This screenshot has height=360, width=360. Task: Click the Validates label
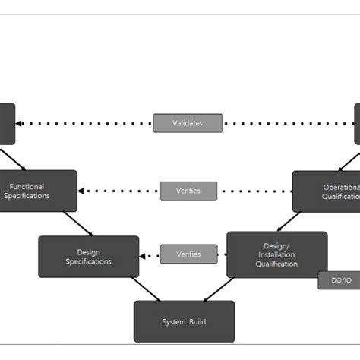coord(188,123)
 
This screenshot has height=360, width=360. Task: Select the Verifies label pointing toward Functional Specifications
coord(188,191)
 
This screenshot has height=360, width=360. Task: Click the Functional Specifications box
coord(38,191)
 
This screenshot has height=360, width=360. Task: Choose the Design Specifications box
coord(88,257)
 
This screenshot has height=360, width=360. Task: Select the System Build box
coord(184,321)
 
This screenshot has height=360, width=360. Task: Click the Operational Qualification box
coord(327,191)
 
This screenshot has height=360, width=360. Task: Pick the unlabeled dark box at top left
coord(7,123)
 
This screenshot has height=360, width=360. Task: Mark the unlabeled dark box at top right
coord(356,123)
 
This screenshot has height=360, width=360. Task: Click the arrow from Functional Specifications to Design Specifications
coord(78,223)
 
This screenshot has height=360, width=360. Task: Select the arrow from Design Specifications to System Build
coord(146,289)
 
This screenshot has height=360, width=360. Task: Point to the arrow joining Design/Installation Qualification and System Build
coord(219,289)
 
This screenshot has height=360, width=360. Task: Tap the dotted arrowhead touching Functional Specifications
coord(82,191)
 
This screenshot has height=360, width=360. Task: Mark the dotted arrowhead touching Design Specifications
coord(144,255)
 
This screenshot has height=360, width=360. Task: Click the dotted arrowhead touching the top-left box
coord(19,123)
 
